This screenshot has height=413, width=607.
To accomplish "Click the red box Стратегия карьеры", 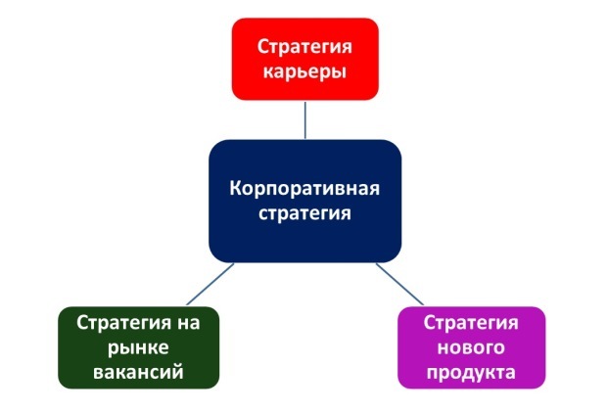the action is pos(305,59).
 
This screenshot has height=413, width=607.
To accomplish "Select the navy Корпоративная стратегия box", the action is pos(305,201).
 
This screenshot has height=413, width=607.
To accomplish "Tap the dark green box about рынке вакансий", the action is pos(139,347).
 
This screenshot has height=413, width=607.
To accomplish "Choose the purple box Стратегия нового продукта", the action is pos(472,347).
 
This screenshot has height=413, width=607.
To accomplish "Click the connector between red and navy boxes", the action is pos(305,120).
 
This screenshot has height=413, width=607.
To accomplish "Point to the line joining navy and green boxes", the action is pos(210,284).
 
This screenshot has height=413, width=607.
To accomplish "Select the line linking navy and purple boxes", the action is pos(399,284).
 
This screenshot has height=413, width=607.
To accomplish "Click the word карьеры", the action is pos(304,72).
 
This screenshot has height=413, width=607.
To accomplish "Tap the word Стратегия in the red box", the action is pos(304,46).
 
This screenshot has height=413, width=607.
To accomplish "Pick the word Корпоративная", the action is pos(304,189).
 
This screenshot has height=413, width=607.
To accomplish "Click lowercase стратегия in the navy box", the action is pos(304,213).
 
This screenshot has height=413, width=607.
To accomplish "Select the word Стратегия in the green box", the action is pos(123,322).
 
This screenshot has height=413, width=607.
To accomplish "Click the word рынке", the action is pos(138,348).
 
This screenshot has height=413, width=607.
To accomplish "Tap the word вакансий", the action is pos(138,372).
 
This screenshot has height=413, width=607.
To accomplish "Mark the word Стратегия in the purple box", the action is pos(471,322).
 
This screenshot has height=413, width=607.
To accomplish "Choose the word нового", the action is pos(471,347).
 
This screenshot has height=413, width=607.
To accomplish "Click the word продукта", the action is pos(471,373).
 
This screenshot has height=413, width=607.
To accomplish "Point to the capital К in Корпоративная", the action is pos(236,188).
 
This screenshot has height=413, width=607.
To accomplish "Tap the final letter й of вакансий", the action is pos(178,371).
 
